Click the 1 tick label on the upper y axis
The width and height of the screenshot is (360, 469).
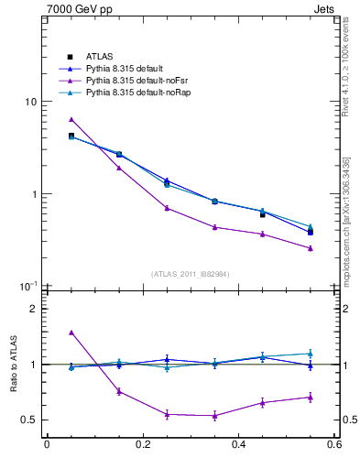pyautogui.click(x=35, y=194)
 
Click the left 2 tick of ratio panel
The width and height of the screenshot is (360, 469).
pyautogui.click(x=35, y=309)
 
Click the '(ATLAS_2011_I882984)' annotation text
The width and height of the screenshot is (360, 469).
pyautogui.click(x=190, y=274)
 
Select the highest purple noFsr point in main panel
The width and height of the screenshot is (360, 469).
pyautogui.click(x=71, y=119)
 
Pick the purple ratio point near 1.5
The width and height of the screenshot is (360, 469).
pyautogui.click(x=71, y=332)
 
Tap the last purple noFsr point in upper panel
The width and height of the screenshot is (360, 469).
pyautogui.click(x=311, y=248)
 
